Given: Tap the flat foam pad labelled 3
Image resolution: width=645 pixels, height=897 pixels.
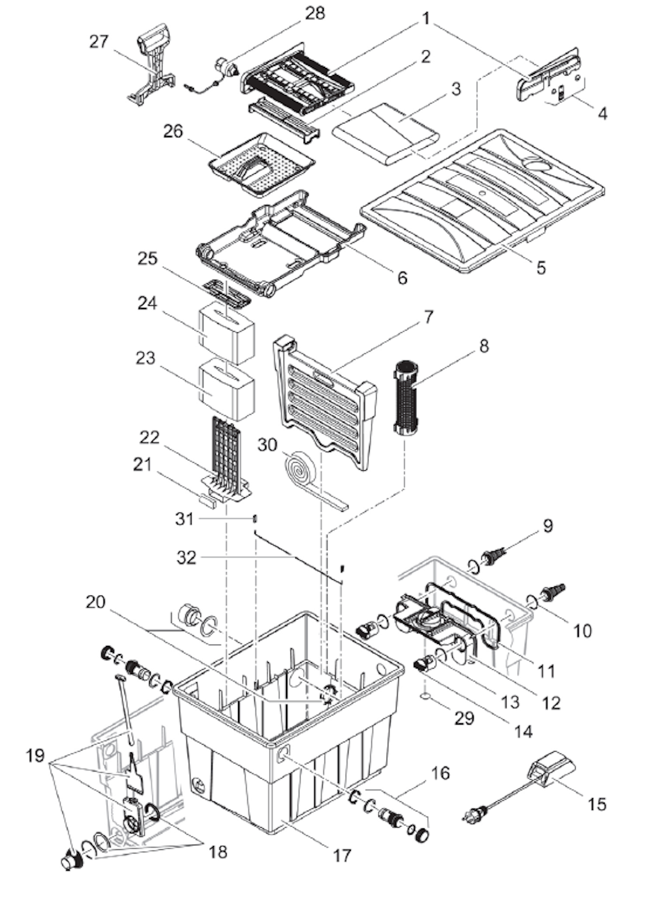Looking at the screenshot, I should [x=385, y=132].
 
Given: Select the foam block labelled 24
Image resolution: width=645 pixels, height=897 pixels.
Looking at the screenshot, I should [x=227, y=332].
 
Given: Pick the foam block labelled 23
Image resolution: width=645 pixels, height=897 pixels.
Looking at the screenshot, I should [x=227, y=388].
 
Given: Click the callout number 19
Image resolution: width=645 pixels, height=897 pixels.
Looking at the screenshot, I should [x=35, y=755].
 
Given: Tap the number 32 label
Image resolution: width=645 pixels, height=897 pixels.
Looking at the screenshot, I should [x=187, y=558].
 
